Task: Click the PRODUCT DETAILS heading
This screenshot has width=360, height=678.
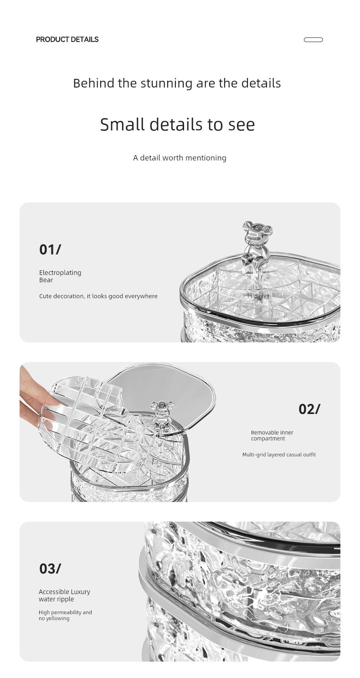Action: point(67,39)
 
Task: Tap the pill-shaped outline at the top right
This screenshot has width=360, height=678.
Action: point(313,40)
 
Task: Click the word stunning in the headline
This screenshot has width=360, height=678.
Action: point(166,83)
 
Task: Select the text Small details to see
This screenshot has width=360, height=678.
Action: point(177,124)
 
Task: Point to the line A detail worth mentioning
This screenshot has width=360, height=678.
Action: point(180,158)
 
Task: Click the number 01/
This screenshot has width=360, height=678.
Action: point(50,249)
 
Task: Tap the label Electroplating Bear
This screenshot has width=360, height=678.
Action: point(60,276)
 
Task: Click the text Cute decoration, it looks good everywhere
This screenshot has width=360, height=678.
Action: point(98,296)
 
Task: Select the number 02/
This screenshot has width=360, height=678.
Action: point(309,409)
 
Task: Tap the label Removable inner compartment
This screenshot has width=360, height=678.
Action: point(272,435)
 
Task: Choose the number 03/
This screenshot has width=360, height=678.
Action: point(50,569)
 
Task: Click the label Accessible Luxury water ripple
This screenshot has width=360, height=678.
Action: point(64,595)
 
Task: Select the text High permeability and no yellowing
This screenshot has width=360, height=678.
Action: point(65,615)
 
